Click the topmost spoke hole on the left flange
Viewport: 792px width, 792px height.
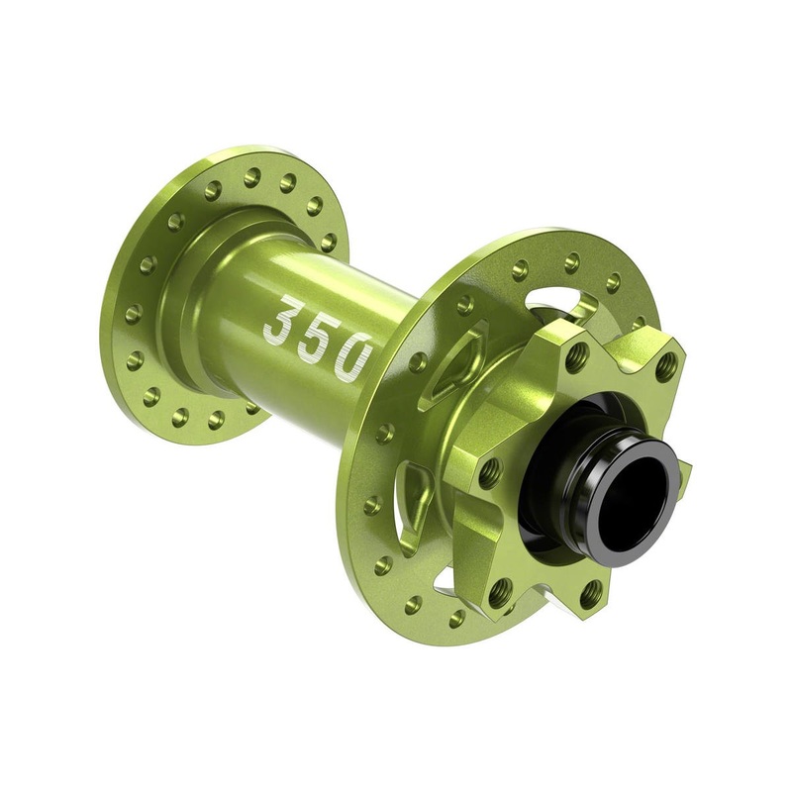[252, 176]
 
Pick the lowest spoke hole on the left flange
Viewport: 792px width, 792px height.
[215, 420]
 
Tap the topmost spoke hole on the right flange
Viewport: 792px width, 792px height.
[571, 262]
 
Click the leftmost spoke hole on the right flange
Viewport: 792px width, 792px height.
[373, 505]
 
